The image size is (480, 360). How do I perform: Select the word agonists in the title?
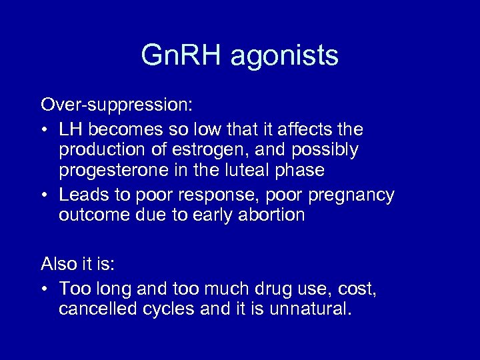pyautogui.click(x=285, y=57)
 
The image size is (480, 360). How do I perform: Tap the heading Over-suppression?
pyautogui.click(x=117, y=105)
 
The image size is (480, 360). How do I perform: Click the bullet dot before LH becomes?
pyautogui.click(x=44, y=129)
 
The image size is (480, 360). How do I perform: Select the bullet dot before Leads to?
pyautogui.click(x=44, y=195)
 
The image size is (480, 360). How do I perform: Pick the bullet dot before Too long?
pyautogui.click(x=44, y=289)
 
